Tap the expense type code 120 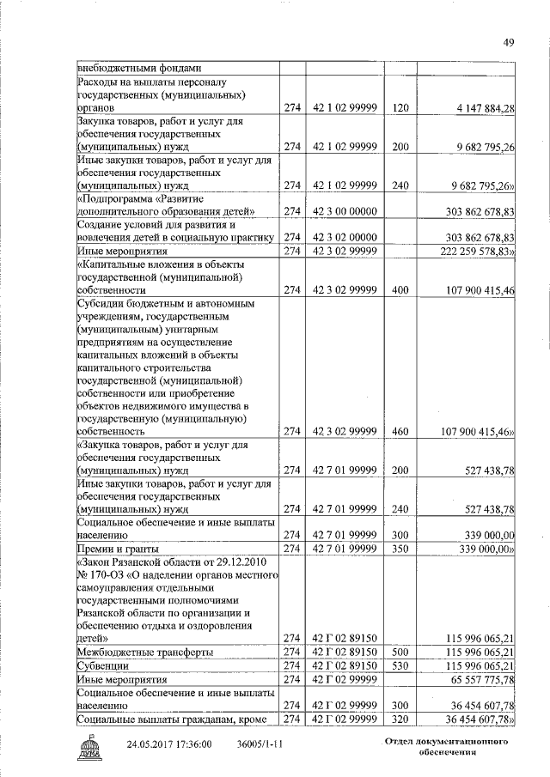399,108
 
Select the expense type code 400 399,290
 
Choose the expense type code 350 399,548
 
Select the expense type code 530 399,665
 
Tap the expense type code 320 399,718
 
